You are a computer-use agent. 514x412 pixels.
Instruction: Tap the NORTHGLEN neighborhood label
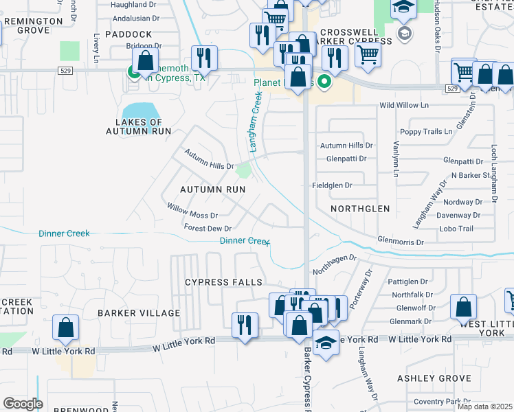point(359,208)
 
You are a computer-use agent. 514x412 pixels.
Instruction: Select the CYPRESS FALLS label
point(223,282)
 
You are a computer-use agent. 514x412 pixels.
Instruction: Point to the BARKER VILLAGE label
point(138,312)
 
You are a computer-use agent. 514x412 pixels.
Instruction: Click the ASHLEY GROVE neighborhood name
point(434,378)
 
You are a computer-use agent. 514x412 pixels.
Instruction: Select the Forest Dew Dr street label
point(208,228)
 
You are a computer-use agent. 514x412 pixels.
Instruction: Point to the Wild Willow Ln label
point(405,106)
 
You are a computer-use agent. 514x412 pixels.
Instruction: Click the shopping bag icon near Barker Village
point(66,328)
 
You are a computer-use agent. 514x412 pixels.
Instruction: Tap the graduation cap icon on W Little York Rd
point(326,342)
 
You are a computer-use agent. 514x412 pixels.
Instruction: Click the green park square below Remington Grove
point(69,51)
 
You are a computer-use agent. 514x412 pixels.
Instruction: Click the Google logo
point(23,404)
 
